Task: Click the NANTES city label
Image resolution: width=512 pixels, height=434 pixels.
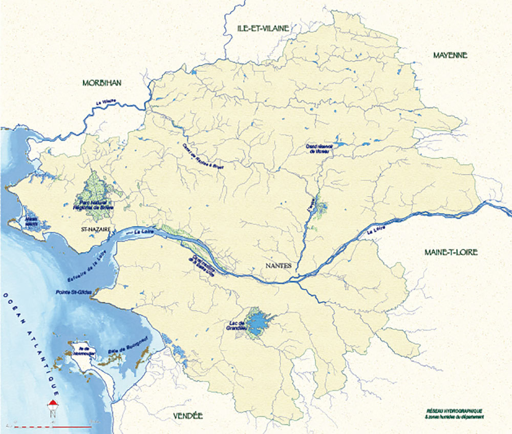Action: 279,266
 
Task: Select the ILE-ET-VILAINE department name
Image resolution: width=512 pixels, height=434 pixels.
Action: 263,28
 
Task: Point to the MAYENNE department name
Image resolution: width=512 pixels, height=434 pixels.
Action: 450,55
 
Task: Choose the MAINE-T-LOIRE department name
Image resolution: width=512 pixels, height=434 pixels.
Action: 451,252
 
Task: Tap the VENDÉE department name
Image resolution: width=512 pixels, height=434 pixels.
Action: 188,416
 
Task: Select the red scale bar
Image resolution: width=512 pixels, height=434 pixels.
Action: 51,426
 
